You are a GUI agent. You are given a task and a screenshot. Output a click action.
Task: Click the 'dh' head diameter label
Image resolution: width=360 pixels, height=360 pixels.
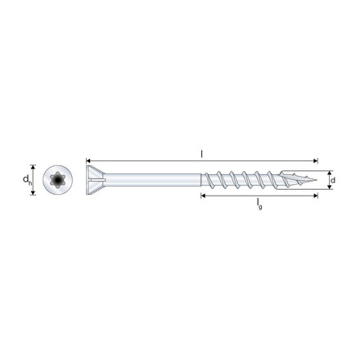[x=26, y=179]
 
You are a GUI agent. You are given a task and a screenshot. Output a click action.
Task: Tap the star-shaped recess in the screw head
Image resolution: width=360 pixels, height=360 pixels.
[x=56, y=178]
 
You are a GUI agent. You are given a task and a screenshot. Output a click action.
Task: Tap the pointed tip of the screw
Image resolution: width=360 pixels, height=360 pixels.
[x=317, y=179]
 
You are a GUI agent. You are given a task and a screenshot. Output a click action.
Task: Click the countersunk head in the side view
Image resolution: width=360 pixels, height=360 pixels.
[x=95, y=179]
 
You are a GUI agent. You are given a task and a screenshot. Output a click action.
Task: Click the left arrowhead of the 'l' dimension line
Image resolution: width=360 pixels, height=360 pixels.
[x=88, y=161]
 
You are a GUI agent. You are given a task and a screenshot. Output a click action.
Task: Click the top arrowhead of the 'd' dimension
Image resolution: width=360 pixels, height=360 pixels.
[x=329, y=173]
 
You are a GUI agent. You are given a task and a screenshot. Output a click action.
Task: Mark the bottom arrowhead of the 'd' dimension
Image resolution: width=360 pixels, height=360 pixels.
[x=329, y=187]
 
